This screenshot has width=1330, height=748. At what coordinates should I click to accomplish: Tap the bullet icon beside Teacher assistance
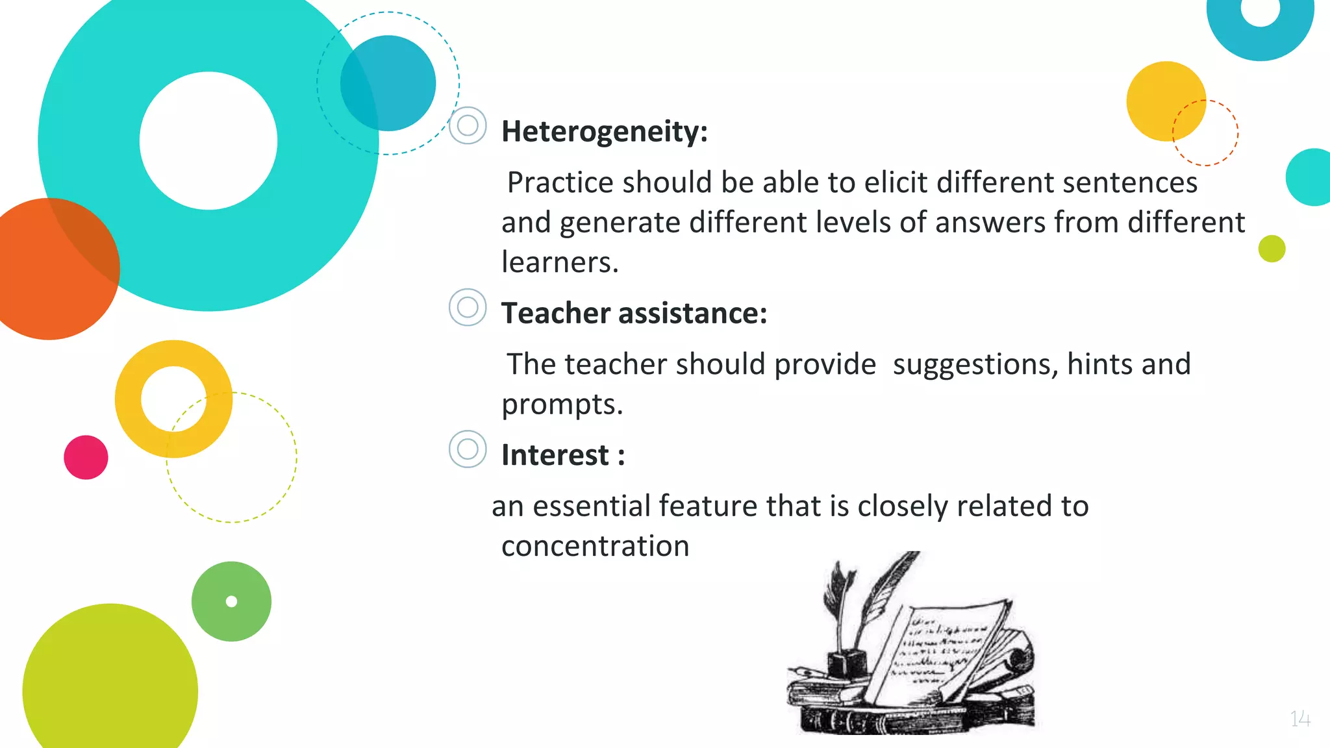[x=468, y=307]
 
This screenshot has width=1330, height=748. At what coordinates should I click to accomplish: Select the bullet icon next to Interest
[x=468, y=449]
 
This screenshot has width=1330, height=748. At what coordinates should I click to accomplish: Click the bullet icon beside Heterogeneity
[x=468, y=125]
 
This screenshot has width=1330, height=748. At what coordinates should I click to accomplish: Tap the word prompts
[x=562, y=405]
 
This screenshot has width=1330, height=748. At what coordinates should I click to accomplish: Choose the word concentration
[x=595, y=546]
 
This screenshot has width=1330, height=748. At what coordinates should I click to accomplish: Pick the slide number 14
[x=1300, y=719]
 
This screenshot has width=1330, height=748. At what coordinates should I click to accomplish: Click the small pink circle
[x=86, y=457]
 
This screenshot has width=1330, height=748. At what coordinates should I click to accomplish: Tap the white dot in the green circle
[x=231, y=601]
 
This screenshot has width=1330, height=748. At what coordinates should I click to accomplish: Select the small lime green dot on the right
[x=1272, y=249]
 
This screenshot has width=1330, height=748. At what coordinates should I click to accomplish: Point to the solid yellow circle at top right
[x=1162, y=97]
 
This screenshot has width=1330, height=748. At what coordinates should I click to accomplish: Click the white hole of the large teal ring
[x=208, y=141]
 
